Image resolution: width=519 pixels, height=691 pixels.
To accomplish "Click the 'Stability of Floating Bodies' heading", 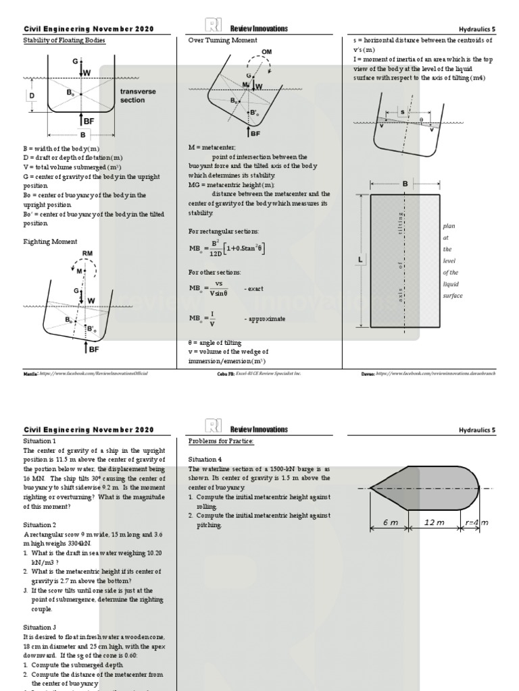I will tap(64, 40).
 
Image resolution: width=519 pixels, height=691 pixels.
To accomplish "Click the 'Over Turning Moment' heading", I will tap(222, 40).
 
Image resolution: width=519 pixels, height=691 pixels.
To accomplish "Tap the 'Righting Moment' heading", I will tap(51, 241).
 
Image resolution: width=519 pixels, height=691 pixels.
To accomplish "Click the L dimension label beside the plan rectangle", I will tap(361, 260).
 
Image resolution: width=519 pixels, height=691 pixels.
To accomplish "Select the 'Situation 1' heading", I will tap(41, 441).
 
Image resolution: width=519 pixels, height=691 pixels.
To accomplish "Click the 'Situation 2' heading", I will tap(41, 524).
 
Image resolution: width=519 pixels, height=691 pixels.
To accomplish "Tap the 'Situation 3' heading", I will tap(41, 627).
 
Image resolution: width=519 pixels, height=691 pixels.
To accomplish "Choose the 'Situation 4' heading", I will tap(205, 459).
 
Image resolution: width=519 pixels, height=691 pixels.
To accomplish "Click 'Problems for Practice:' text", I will tap(221, 441).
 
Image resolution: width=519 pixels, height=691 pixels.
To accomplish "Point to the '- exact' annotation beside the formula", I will tap(253, 288).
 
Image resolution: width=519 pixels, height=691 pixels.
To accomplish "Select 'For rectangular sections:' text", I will tap(222, 231).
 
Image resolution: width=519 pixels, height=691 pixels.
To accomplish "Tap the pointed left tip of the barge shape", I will tap(371, 488).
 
